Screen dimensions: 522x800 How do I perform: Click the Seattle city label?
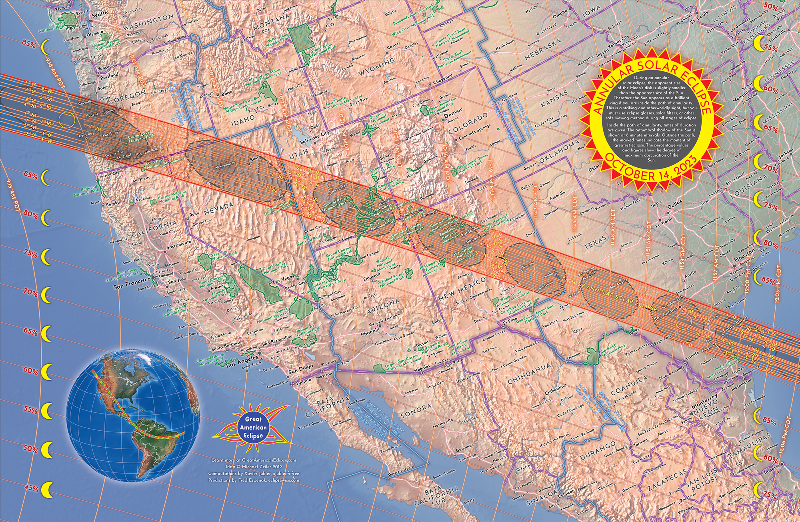pos(100,13)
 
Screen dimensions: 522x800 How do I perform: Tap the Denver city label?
pos(453,111)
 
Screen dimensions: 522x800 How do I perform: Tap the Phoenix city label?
pos(370,332)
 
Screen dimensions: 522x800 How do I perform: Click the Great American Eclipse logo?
pos(253,427)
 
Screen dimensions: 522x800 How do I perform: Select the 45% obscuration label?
pos(31,488)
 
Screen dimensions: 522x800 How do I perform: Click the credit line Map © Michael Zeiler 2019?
pos(254,466)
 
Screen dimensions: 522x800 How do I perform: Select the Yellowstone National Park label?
pos(278,41)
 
